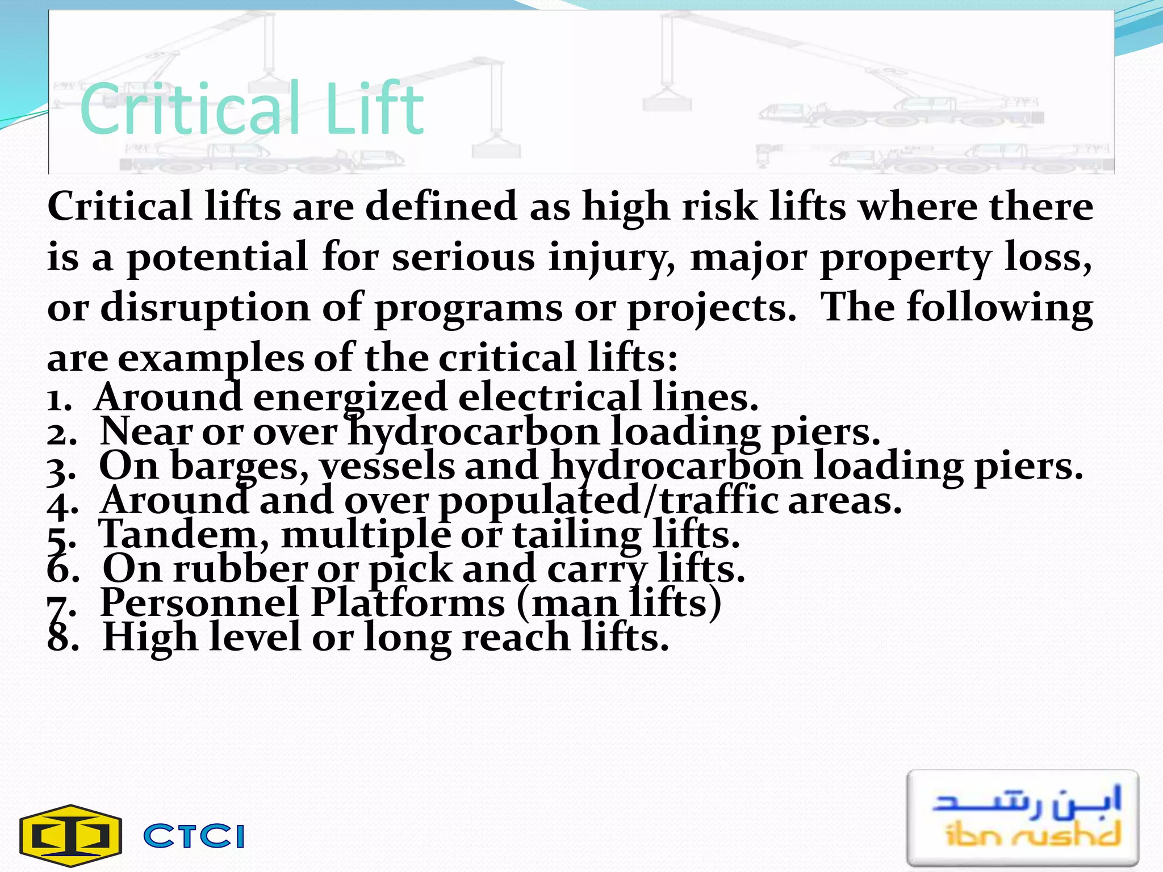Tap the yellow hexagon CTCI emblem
click(x=71, y=836)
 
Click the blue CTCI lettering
click(x=194, y=836)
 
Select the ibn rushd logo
click(x=1023, y=817)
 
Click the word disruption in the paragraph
click(x=205, y=308)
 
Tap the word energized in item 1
click(x=350, y=397)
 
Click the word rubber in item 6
click(x=240, y=569)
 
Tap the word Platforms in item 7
click(x=408, y=603)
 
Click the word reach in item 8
click(x=516, y=638)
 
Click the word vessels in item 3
click(x=386, y=467)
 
